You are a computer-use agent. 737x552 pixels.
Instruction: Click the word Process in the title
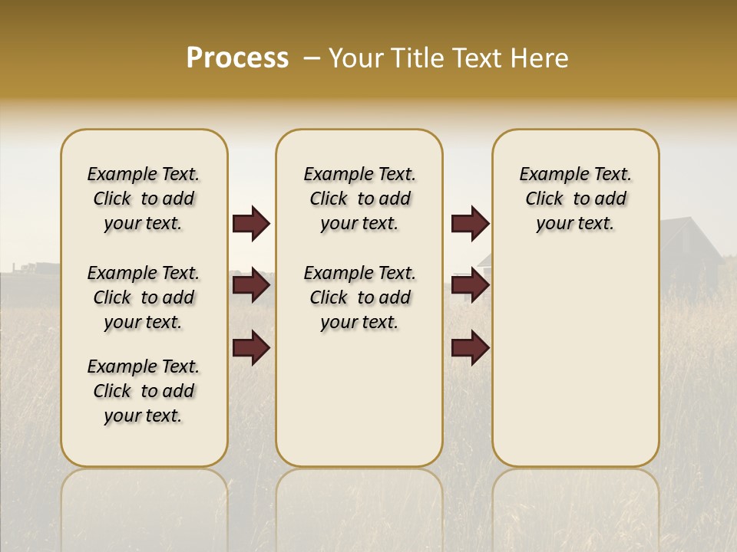pos(237,58)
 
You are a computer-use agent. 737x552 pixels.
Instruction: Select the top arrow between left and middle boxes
pos(251,224)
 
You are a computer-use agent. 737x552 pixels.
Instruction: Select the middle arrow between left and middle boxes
pos(251,286)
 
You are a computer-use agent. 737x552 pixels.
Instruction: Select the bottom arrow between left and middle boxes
pos(251,349)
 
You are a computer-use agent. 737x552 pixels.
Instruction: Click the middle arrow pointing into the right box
pos(470,286)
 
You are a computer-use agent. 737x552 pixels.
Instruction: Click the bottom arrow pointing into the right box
pos(470,349)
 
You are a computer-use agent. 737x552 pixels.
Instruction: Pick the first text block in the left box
pos(144,199)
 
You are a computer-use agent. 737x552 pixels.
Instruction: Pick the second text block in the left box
pos(144,297)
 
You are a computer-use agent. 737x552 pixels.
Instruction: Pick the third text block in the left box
pos(144,391)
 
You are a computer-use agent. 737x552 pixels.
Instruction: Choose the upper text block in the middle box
pos(359,199)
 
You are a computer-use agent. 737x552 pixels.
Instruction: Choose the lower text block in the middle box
pos(359,297)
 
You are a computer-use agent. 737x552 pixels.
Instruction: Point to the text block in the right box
pos(575,199)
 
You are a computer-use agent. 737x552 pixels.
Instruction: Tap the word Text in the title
pos(481,58)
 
